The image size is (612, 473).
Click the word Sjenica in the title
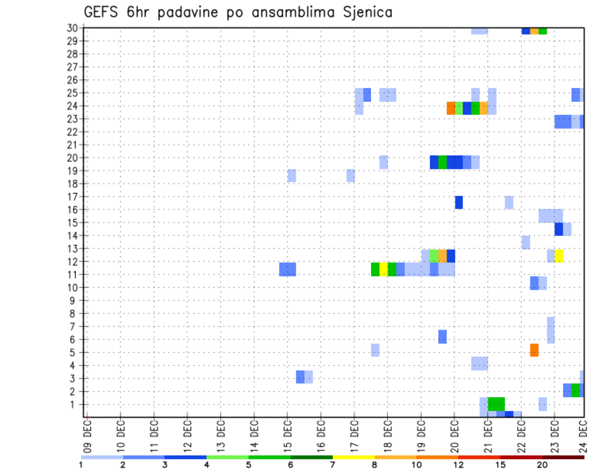click(365, 12)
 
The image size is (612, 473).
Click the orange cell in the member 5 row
click(534, 350)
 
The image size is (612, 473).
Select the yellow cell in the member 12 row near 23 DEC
click(558, 256)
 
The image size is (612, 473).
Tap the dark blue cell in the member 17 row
click(459, 202)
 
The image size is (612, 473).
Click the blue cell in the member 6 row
click(442, 337)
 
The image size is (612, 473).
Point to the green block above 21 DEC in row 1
click(497, 404)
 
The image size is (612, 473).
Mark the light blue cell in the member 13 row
click(526, 242)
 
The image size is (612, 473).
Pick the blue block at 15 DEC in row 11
click(288, 269)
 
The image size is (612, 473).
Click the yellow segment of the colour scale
click(354, 457)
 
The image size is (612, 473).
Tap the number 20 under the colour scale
click(543, 465)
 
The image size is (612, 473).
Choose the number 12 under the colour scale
click(459, 465)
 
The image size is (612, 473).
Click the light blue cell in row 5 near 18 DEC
click(375, 350)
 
